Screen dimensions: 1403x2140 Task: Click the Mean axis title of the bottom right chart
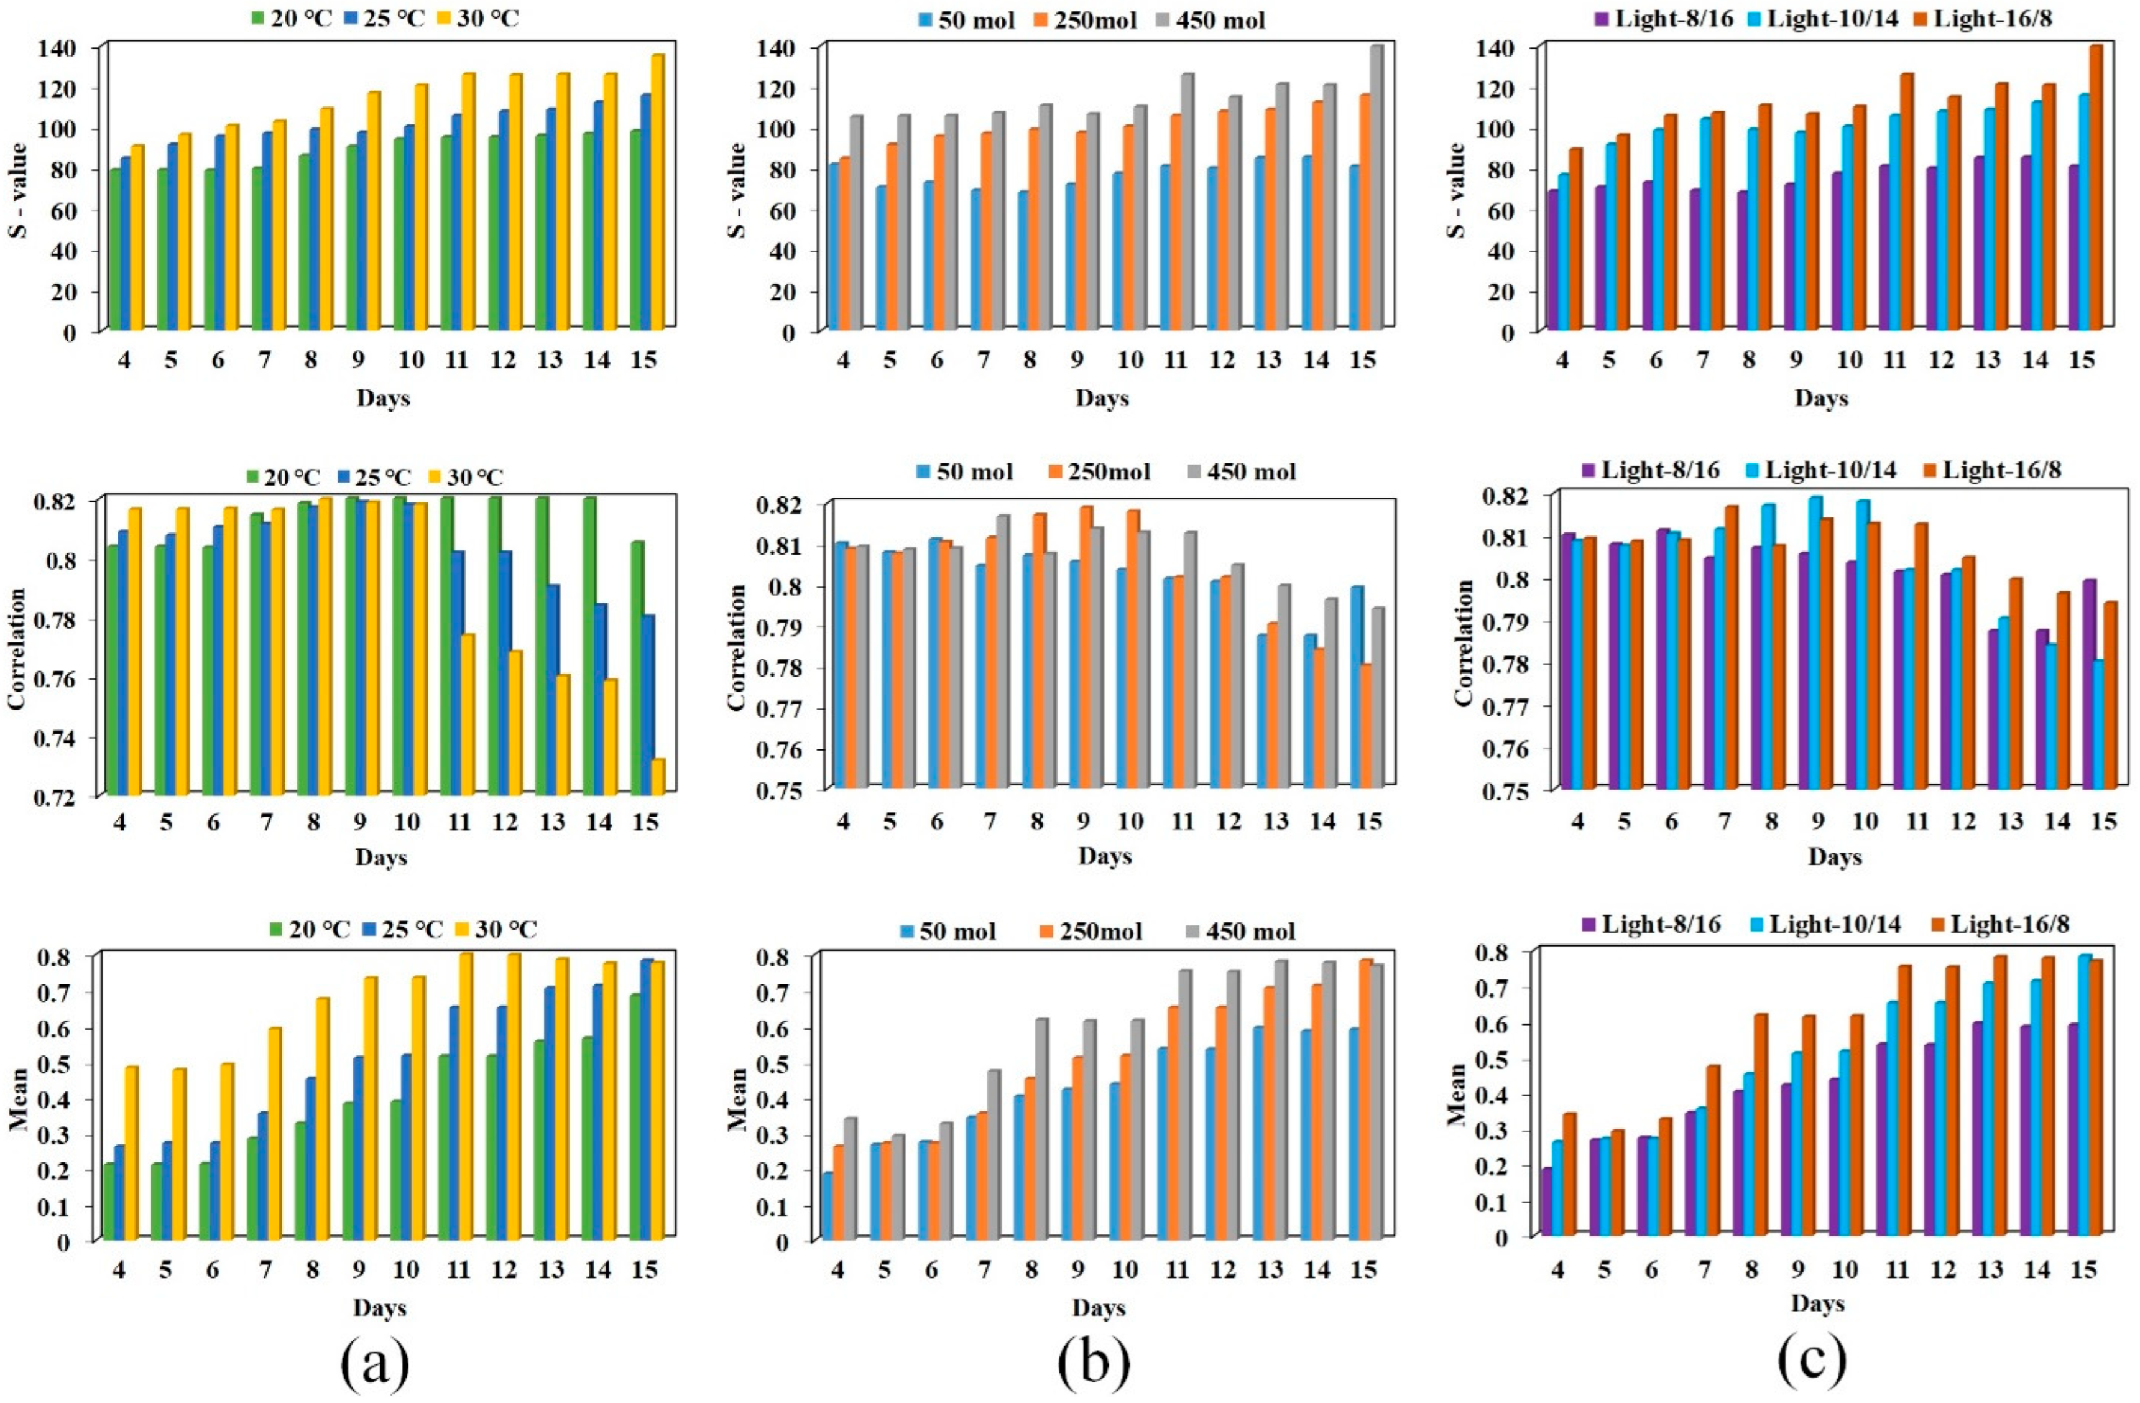[1457, 1094]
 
